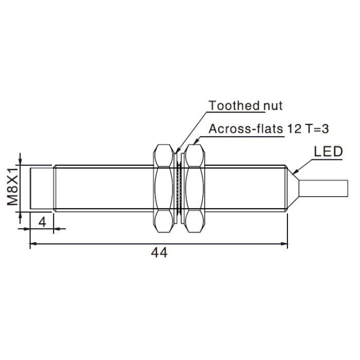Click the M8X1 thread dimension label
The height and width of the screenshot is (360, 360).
click(x=12, y=186)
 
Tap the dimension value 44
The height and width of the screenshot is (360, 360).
click(x=159, y=253)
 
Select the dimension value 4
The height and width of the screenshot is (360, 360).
click(x=42, y=222)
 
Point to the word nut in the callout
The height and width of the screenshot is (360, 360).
click(x=273, y=106)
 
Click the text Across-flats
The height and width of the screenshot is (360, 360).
click(x=246, y=129)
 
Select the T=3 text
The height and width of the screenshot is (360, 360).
click(x=317, y=129)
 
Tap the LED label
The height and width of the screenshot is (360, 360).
click(x=328, y=152)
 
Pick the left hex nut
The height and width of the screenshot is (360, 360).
click(x=164, y=188)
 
